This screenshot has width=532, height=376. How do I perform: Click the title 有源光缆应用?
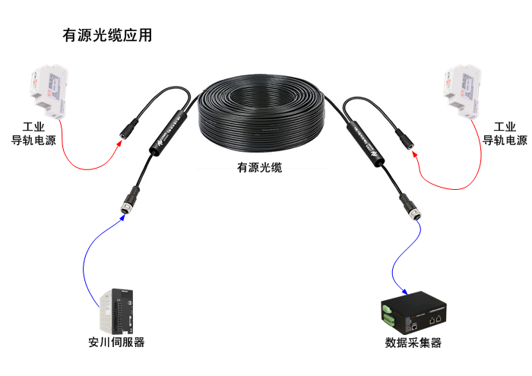(107, 36)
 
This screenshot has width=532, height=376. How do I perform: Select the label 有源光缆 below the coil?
(259, 167)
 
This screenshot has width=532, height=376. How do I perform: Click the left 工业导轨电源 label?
(34, 133)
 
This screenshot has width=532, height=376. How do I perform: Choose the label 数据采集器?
(413, 343)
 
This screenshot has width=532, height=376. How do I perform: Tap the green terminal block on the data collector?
(388, 311)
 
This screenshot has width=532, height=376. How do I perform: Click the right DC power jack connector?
(404, 138)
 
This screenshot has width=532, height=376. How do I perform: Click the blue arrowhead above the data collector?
(405, 292)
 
